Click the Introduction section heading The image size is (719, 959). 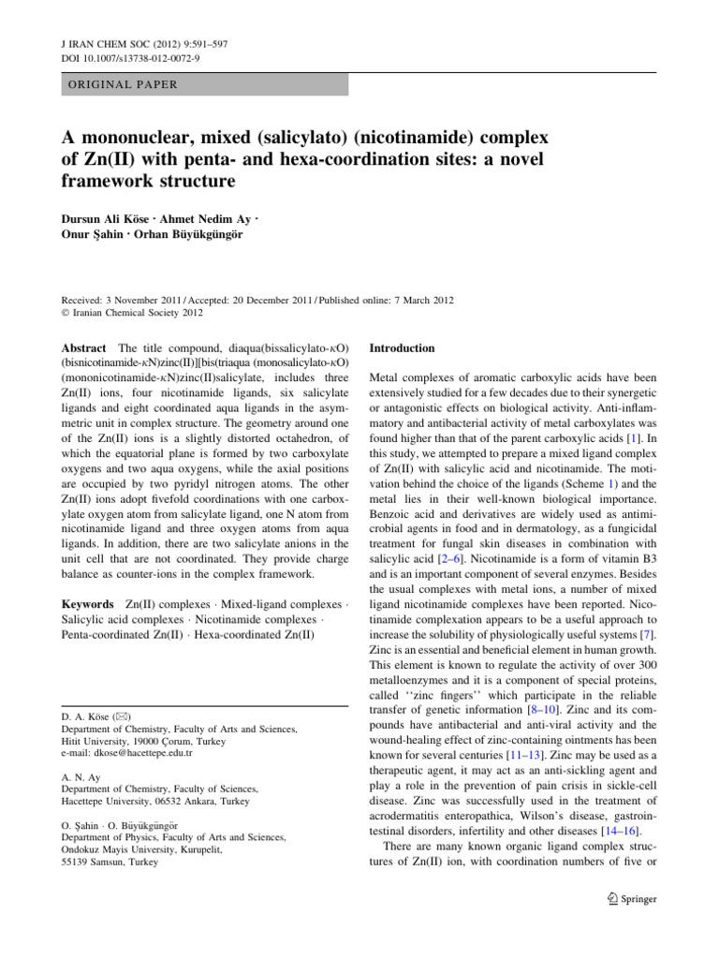tap(403, 348)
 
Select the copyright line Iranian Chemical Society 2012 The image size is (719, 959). tap(125, 314)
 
